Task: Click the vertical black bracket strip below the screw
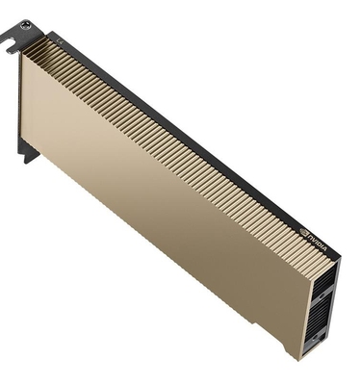21,96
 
